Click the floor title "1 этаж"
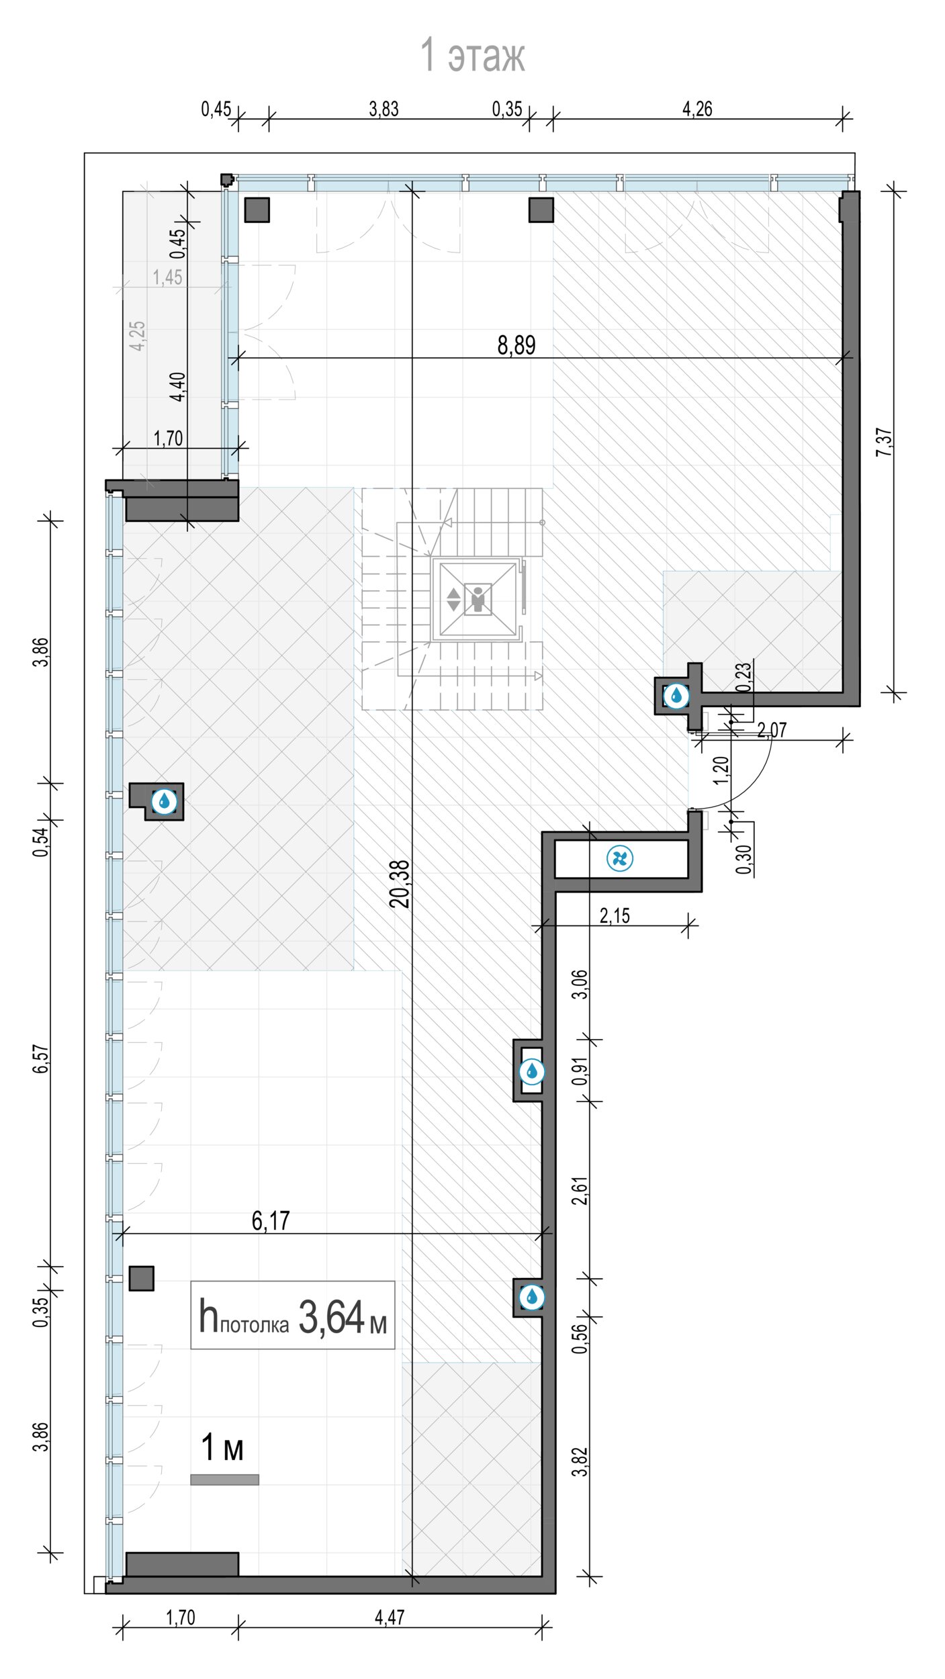tap(472, 55)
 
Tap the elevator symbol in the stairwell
tap(478, 599)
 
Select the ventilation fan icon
tap(619, 858)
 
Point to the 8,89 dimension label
tap(516, 345)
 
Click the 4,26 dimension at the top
tap(697, 109)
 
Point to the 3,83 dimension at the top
tap(384, 109)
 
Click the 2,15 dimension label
tap(615, 916)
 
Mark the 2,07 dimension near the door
tap(772, 730)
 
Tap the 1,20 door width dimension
tap(721, 770)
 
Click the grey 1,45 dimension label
tap(167, 277)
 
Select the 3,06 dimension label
tap(580, 985)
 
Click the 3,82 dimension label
tap(580, 1461)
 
